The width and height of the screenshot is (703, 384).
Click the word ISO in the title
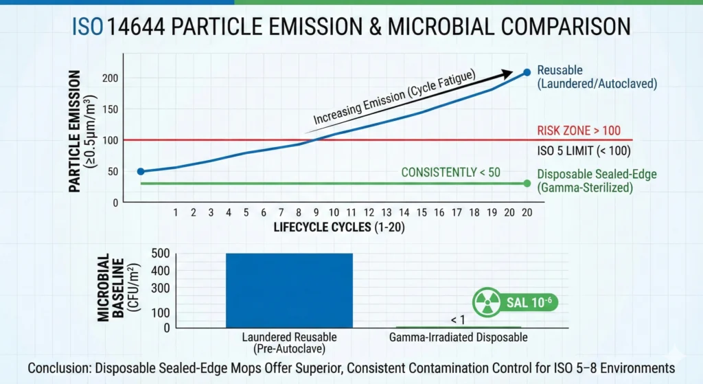tap(88, 27)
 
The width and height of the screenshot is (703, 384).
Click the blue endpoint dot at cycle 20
tap(527, 72)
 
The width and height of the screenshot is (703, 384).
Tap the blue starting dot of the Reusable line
tap(141, 172)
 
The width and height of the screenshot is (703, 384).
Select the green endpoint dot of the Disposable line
tap(527, 183)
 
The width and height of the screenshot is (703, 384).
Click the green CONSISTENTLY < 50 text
tap(450, 172)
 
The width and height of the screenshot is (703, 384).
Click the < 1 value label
tap(459, 319)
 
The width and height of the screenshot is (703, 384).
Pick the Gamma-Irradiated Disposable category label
tap(459, 337)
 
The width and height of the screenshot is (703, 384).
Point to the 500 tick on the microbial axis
tap(159, 253)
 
